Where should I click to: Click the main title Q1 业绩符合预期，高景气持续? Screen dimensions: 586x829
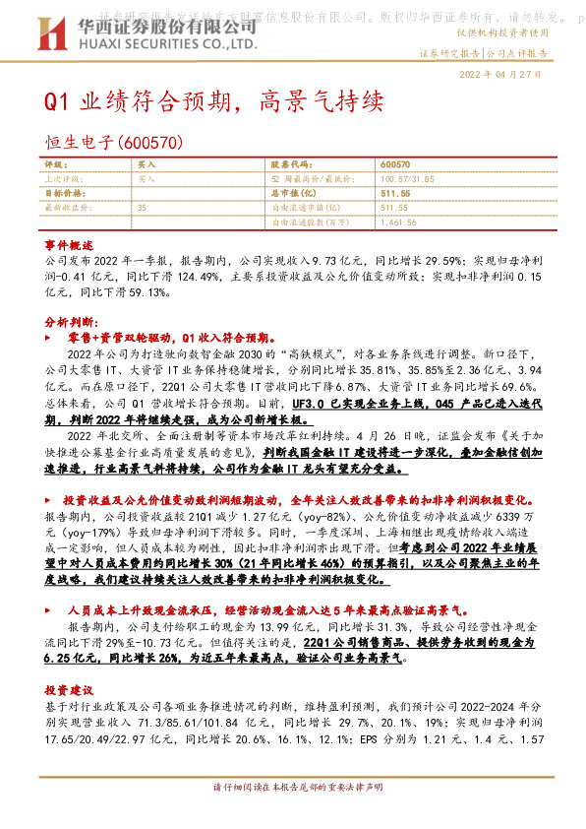coord(207,101)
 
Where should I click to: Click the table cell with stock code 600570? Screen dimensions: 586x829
coord(394,164)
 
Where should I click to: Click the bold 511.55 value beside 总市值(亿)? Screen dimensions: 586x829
coord(393,194)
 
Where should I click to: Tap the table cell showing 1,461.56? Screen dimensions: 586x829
coord(398,223)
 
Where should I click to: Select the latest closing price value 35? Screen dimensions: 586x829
coord(143,208)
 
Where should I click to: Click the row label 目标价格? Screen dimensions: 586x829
coord(62,194)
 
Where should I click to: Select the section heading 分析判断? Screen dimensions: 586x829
coord(68,322)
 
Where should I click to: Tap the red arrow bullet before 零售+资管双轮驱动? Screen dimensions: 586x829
coord(53,338)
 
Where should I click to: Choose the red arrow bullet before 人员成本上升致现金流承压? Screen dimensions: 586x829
coord(53,611)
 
